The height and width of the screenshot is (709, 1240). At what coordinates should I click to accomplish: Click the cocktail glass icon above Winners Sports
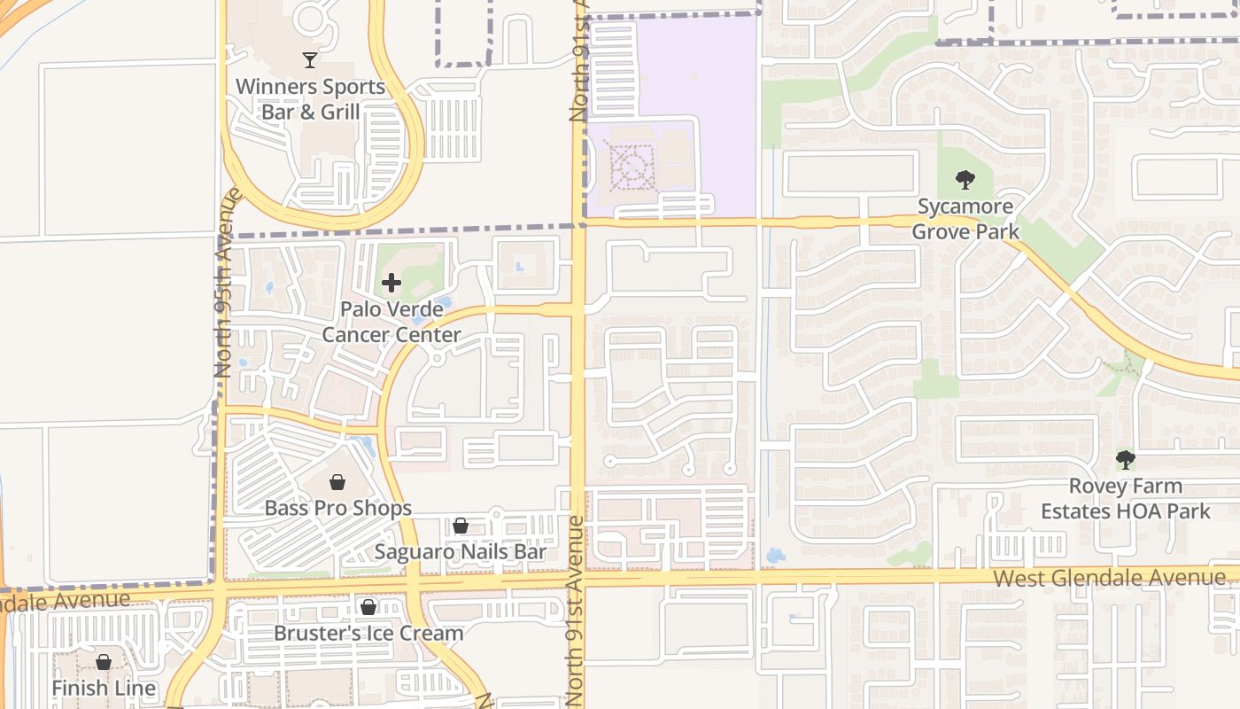310,60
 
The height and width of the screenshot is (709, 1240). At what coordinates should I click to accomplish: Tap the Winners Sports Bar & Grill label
310,99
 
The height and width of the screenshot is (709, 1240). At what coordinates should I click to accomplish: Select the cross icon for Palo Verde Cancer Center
391,284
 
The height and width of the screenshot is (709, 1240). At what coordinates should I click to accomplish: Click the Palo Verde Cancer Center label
391,323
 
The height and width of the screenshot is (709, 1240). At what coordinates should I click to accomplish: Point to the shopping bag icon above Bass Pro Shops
337,482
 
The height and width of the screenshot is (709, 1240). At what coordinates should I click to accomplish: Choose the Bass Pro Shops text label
337,509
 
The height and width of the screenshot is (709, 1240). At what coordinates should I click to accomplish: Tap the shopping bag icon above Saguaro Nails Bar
461,526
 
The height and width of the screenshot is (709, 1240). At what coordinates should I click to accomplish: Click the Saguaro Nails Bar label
461,552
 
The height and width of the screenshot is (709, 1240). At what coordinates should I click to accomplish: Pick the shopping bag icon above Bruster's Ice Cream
368,607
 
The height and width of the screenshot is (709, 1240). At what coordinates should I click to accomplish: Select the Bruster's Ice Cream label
368,634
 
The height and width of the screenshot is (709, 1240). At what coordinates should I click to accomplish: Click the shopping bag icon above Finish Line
104,662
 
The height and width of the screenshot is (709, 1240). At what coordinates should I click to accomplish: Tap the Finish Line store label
104,689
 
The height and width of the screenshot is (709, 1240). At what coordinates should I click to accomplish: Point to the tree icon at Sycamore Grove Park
965,180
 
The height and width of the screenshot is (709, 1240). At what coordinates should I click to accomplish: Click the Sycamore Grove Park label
965,219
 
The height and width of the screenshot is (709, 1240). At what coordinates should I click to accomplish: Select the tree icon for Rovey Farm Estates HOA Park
1125,460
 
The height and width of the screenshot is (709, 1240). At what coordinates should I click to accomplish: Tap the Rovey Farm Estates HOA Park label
1125,499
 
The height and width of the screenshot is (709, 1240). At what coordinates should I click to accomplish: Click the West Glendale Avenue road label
1110,579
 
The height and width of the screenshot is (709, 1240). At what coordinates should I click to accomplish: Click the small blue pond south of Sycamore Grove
775,557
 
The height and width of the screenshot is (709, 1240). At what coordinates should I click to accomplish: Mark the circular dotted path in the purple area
631,166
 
